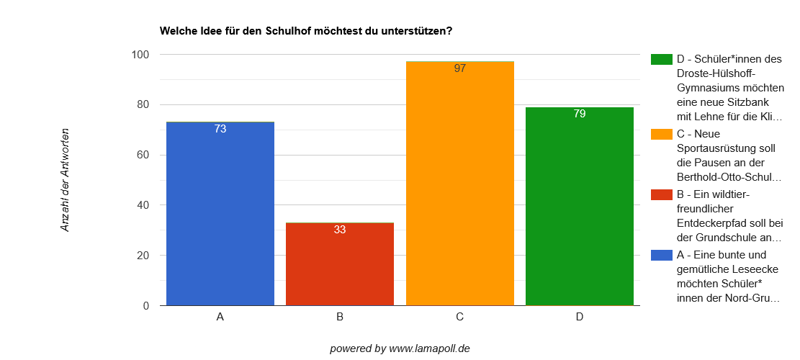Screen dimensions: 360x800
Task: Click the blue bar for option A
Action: [220, 216]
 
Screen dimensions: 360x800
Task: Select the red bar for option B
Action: [340, 266]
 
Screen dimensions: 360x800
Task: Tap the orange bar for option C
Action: [460, 187]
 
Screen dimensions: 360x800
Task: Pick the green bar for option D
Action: [580, 209]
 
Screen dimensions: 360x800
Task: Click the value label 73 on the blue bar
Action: [220, 129]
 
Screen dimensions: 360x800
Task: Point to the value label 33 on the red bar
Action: [340, 230]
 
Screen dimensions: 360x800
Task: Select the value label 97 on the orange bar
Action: [460, 68]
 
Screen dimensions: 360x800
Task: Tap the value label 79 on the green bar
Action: [580, 114]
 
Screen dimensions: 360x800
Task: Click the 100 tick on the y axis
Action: [140, 55]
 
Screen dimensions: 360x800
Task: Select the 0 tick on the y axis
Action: [145, 306]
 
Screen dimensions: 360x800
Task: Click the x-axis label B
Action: [340, 317]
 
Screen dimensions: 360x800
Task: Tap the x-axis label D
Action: [580, 317]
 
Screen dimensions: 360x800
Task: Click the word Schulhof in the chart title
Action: [288, 31]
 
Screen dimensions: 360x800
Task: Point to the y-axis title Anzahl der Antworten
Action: [65, 180]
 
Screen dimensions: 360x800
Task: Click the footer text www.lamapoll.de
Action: [429, 348]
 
